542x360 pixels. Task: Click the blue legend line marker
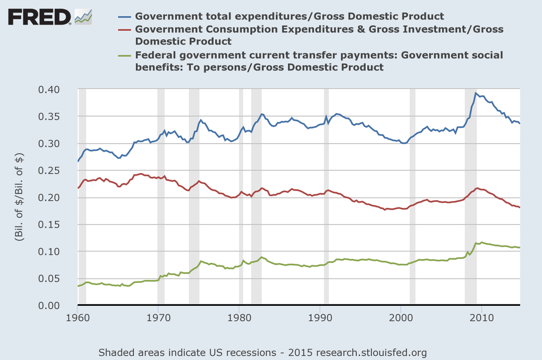coord(125,17)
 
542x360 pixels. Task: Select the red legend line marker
coord(125,29)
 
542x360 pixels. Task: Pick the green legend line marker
coord(125,56)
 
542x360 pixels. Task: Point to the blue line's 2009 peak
coord(476,93)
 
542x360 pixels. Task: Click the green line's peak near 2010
coord(481,243)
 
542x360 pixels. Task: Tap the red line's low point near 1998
coord(385,210)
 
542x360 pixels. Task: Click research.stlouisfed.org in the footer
coord(371,352)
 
